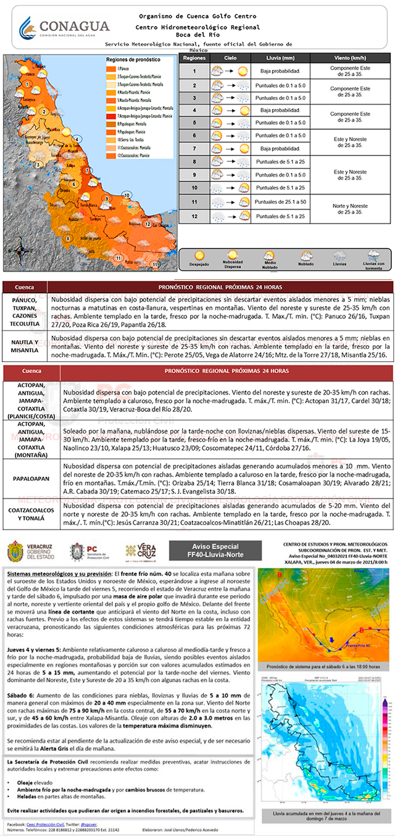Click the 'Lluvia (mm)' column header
tap(278, 57)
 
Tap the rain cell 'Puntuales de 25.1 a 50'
tap(281, 202)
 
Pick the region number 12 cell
tap(194, 216)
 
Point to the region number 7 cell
tap(194, 149)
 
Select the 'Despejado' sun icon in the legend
tap(199, 256)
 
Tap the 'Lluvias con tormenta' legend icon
tap(373, 256)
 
